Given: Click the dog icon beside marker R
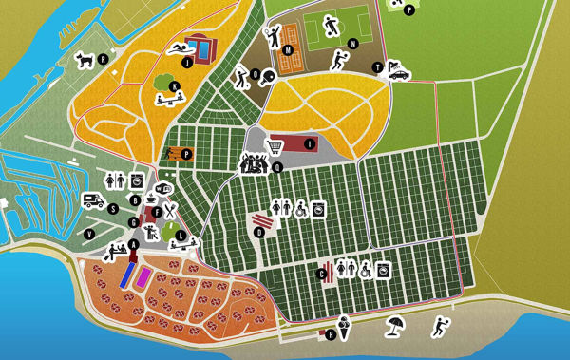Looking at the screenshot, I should (x=85, y=59).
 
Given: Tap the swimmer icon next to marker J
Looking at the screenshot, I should (x=179, y=48).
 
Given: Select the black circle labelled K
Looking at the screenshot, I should (x=174, y=86).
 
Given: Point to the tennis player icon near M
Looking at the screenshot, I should (x=274, y=38).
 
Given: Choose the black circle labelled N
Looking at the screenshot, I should (x=352, y=44).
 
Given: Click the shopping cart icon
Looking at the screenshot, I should (x=275, y=146).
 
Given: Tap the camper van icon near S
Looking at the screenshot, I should (x=93, y=200).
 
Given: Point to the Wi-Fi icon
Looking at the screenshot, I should (x=163, y=187).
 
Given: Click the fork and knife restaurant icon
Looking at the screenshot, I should (x=169, y=211).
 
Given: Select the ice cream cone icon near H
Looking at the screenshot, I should (x=345, y=330).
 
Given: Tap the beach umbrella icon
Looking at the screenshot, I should (x=394, y=329).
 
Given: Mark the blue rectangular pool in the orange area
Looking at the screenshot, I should (x=127, y=275).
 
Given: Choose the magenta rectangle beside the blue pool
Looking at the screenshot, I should (x=143, y=276).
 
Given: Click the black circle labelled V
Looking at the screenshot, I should (x=90, y=234).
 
